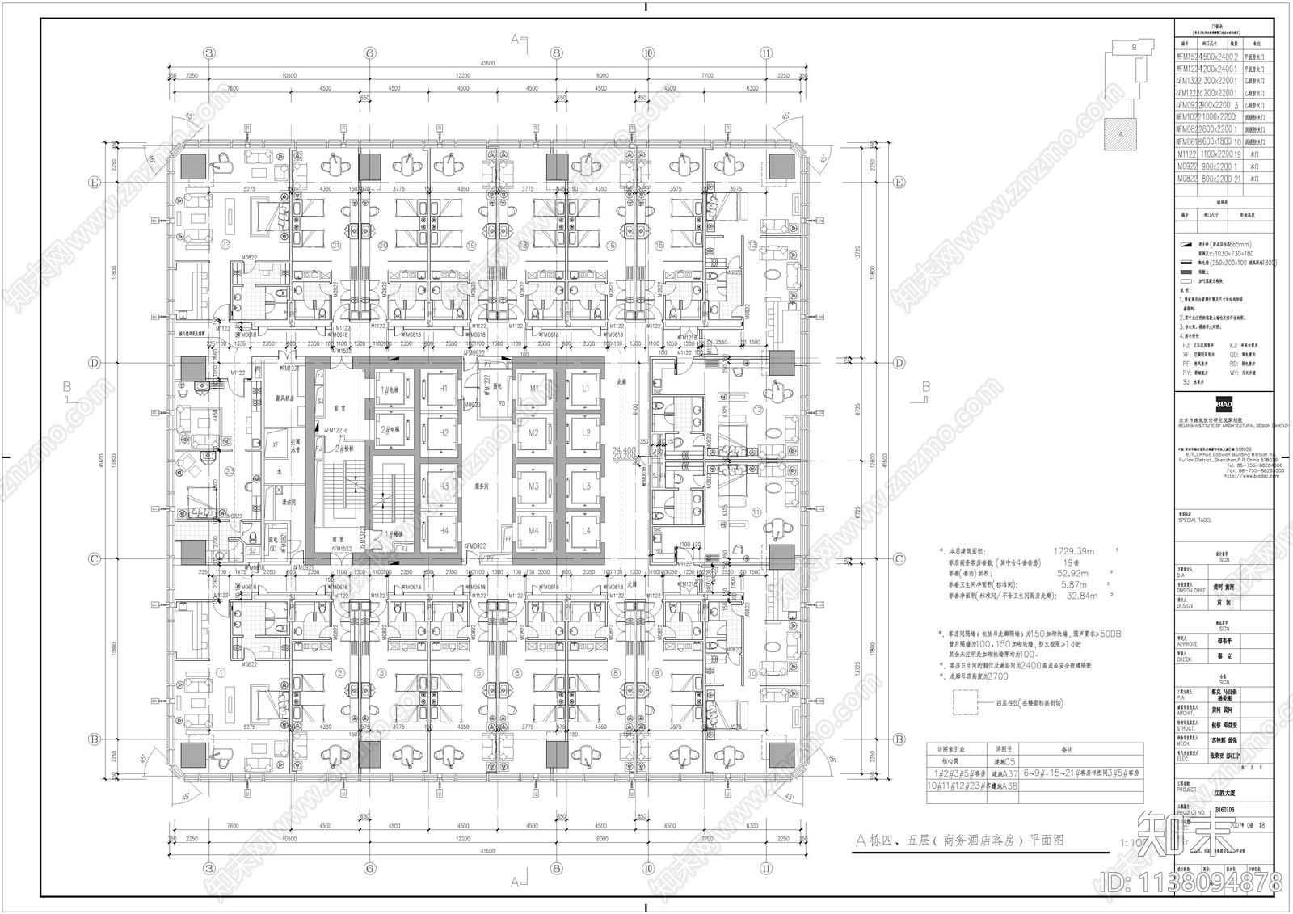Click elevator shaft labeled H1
click(x=443, y=389)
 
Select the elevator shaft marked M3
click(x=533, y=486)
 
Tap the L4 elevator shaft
click(x=586, y=531)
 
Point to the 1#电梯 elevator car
click(x=390, y=389)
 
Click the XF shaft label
click(x=276, y=444)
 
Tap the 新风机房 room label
click(x=284, y=398)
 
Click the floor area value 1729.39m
click(x=1075, y=550)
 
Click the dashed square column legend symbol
click(x=968, y=702)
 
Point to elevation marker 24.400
click(x=624, y=449)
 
